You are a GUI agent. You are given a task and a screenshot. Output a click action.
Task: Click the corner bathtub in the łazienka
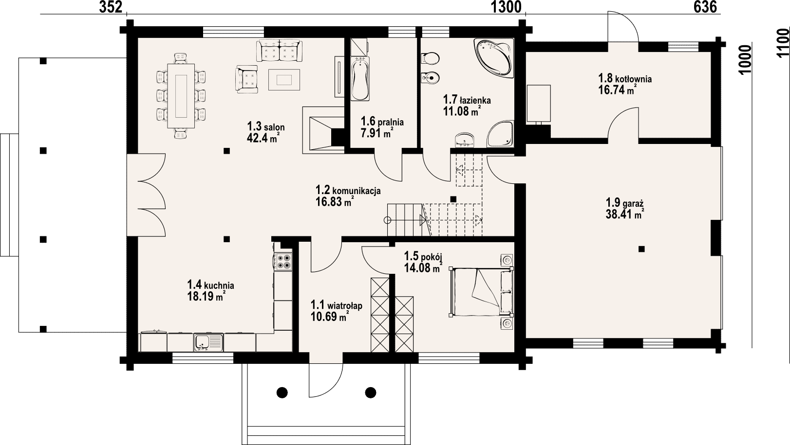pos(494,57)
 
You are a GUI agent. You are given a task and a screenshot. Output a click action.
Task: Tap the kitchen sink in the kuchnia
pos(208,342)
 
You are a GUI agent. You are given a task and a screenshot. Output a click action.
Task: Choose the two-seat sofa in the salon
pos(279,51)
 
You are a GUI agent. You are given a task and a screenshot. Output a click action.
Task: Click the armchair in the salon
pos(247,79)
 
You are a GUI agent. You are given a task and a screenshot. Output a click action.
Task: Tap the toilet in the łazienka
pos(430,58)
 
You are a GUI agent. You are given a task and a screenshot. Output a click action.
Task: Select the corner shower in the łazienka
pos(500,134)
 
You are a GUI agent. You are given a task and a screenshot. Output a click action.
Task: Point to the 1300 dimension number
pos(506,7)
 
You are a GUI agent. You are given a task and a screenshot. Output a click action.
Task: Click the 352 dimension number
pos(111,7)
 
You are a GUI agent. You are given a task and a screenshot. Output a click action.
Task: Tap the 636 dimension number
pos(705,7)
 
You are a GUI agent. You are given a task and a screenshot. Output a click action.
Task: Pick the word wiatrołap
pos(344,305)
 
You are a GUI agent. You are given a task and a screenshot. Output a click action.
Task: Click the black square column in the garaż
pos(641,249)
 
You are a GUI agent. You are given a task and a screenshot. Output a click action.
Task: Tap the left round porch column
pos(282,392)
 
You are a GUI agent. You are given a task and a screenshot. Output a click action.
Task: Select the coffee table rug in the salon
pos(284,80)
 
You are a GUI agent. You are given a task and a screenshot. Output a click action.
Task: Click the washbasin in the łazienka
pos(465,140)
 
